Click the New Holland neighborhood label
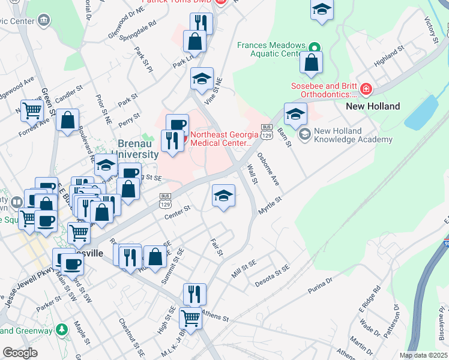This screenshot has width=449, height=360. (x=373, y=106)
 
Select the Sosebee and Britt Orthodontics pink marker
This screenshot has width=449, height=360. (x=365, y=90)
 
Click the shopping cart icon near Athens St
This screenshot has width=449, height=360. (x=191, y=317)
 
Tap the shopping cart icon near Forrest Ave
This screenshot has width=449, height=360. (x=32, y=110)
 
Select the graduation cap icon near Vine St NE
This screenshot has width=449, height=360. (x=202, y=78)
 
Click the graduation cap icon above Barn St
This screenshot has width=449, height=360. (x=295, y=113)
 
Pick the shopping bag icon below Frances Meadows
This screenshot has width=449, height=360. (x=312, y=62)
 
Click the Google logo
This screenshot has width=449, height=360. (x=20, y=352)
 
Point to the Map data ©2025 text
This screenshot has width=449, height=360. (x=423, y=355)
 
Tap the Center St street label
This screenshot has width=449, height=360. (x=177, y=211)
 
